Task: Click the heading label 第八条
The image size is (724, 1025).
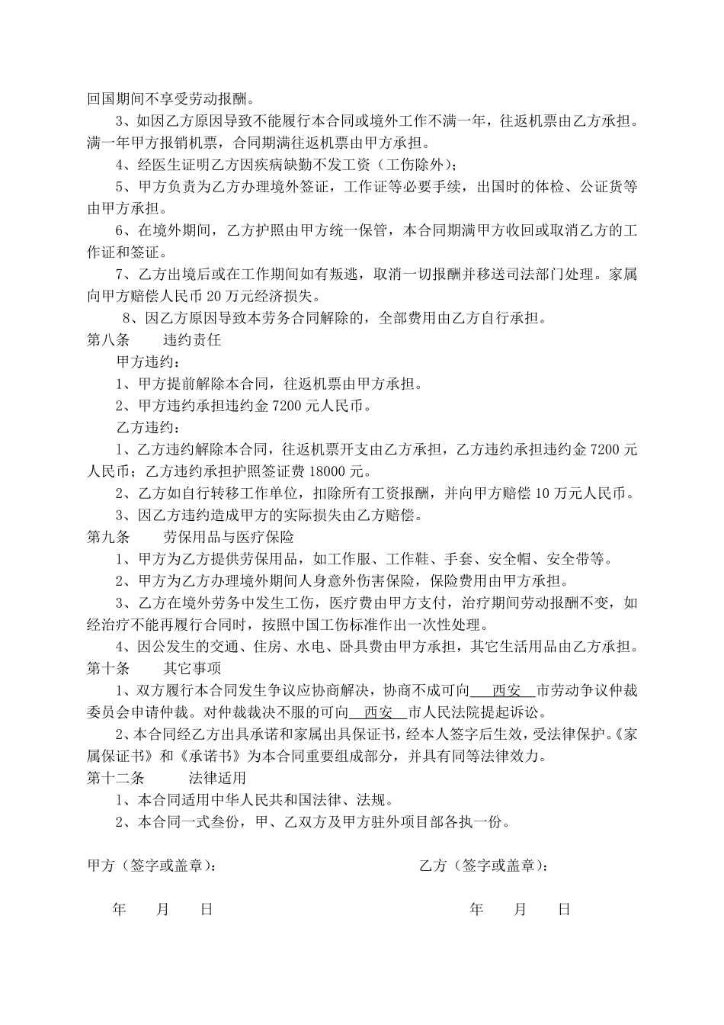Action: [108, 340]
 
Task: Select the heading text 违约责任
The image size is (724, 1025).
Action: [192, 340]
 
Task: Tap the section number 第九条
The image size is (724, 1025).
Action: [108, 537]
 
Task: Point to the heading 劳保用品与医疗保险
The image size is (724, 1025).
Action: [229, 537]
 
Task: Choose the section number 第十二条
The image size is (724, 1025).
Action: [115, 779]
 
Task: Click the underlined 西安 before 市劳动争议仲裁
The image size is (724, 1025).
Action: [505, 691]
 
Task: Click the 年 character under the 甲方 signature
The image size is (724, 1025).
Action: [119, 909]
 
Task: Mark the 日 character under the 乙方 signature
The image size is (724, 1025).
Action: [565, 909]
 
